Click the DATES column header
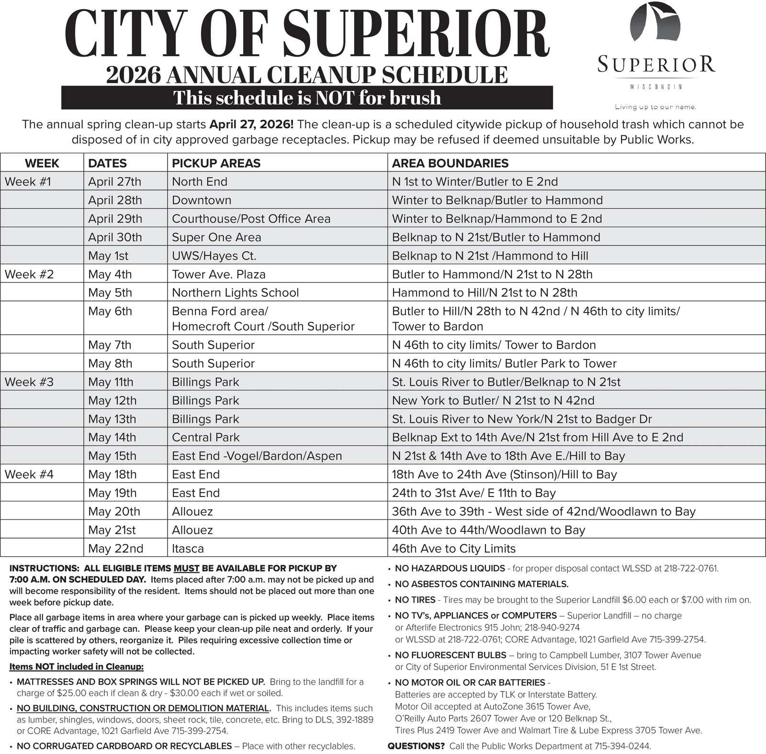coord(107,163)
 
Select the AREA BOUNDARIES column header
coord(450,163)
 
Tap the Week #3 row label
coord(29,382)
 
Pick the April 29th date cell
coord(115,219)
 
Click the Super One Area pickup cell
coord(216,237)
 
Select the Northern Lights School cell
coord(235,293)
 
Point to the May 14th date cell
coord(112,438)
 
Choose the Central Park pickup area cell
coord(205,438)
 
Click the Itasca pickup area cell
coord(188,549)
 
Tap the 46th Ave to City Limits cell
coord(453,549)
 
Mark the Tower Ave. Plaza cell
coord(218,274)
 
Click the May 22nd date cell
coord(115,549)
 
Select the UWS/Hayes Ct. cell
coord(214,256)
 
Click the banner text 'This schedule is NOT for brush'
coord(307,98)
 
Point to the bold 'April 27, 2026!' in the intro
coord(251,125)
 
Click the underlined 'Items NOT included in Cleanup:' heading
coord(77,667)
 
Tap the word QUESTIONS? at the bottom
coord(416,746)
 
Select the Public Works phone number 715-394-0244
coord(622,746)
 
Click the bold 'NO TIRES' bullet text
coord(415,600)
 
